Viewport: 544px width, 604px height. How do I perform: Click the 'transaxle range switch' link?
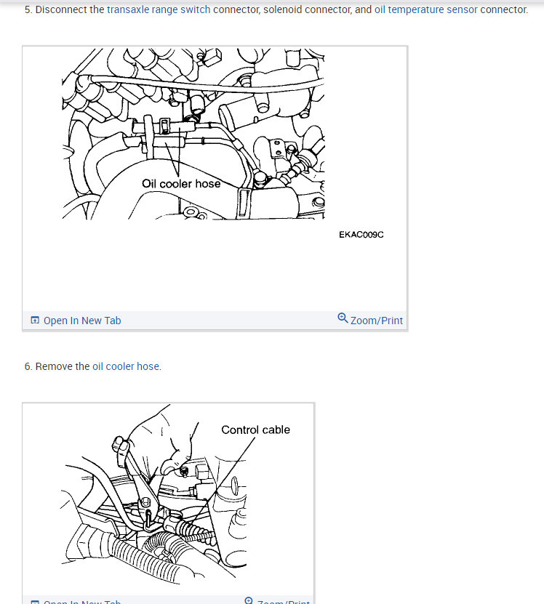click(159, 10)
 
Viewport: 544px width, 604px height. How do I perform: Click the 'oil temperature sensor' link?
click(426, 10)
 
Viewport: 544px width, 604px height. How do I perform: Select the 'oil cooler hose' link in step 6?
click(126, 366)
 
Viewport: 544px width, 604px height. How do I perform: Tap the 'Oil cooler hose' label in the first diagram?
click(181, 184)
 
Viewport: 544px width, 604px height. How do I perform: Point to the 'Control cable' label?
click(255, 430)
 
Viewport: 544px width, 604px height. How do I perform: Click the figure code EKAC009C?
click(361, 235)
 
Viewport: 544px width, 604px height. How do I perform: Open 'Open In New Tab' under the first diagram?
click(82, 321)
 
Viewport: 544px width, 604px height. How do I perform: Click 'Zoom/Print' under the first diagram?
click(376, 321)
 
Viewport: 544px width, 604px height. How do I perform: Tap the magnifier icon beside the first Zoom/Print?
click(343, 318)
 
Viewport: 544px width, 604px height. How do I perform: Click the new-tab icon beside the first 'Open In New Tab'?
click(35, 321)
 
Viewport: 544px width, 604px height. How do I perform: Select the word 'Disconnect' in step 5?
click(61, 10)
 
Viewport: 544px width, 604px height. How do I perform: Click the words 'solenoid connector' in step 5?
click(307, 10)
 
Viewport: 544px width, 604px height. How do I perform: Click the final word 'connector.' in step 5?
click(504, 10)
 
